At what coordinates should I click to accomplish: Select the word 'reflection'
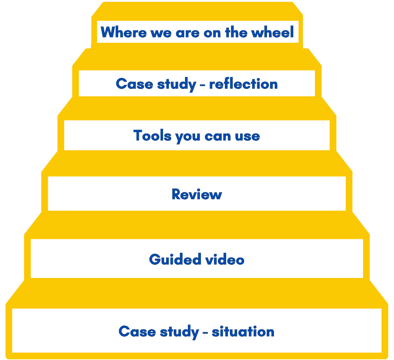[x=243, y=84]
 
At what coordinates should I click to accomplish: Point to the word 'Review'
[x=197, y=194]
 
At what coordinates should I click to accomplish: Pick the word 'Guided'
[x=170, y=259]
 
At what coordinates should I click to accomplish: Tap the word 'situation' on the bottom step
[x=243, y=332]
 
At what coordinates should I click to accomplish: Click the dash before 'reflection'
[x=202, y=85]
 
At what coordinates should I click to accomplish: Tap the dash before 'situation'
[x=205, y=332]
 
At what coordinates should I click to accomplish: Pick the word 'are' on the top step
[x=188, y=32]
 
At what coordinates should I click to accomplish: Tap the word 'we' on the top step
[x=157, y=32]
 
